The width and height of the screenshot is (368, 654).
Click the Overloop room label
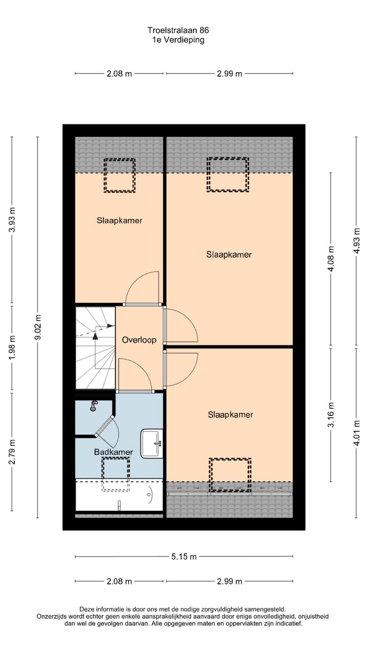pyautogui.click(x=139, y=340)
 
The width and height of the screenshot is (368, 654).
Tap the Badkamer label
pyautogui.click(x=113, y=452)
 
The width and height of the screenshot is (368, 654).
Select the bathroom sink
pyautogui.click(x=151, y=443)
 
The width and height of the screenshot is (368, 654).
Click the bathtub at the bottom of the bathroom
pyautogui.click(x=119, y=495)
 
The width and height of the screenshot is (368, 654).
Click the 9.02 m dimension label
pyautogui.click(x=37, y=328)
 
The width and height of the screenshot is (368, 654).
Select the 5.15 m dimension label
pyautogui.click(x=184, y=556)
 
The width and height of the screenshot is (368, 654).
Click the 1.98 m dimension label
pyautogui.click(x=12, y=348)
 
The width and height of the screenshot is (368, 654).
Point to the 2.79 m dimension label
pyautogui.click(x=12, y=452)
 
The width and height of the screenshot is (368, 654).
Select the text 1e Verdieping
pyautogui.click(x=179, y=40)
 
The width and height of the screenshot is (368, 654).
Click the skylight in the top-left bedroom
pyautogui.click(x=120, y=175)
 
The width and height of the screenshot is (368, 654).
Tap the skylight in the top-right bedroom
pyautogui.click(x=227, y=174)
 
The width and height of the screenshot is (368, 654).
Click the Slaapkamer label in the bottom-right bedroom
pyautogui.click(x=231, y=415)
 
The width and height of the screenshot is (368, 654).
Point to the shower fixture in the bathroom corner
pyautogui.click(x=94, y=406)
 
